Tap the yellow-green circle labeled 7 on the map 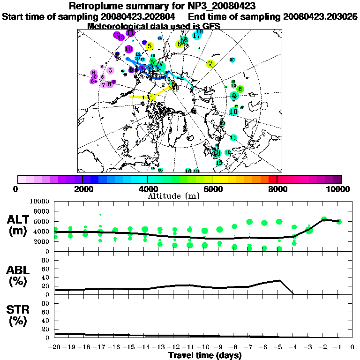(210, 64)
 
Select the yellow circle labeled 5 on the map (150, 46)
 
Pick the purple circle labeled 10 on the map (129, 49)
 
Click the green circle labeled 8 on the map (240, 89)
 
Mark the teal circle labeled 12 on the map (228, 152)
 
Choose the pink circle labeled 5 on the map (110, 71)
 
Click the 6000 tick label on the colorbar (212, 189)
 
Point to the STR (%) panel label (20, 315)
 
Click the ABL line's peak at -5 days (279, 280)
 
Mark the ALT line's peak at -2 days (324, 219)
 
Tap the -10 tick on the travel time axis (204, 348)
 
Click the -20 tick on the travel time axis (55, 348)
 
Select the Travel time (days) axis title (204, 356)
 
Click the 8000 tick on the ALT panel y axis (44, 211)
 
